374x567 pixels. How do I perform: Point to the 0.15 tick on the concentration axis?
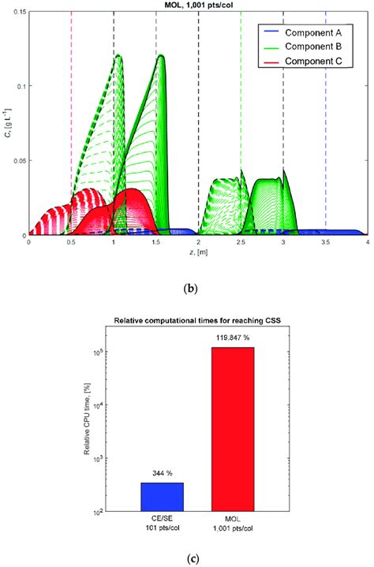point(17,11)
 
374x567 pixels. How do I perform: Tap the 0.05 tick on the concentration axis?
point(17,160)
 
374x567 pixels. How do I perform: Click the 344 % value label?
point(160,475)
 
